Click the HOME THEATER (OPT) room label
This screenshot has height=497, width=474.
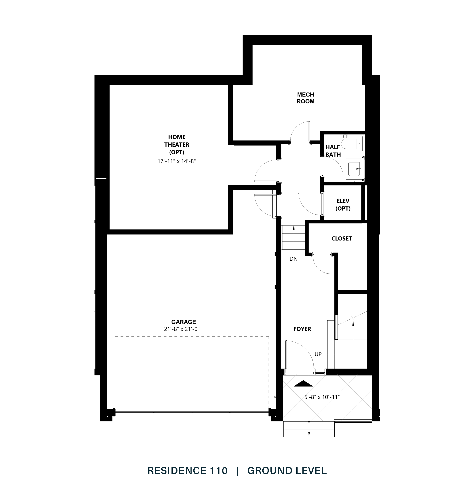click(177, 145)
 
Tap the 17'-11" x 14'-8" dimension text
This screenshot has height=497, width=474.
click(177, 161)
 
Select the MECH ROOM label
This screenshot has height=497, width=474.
click(305, 98)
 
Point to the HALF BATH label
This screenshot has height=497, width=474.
click(333, 151)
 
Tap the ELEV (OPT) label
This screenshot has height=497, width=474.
click(343, 205)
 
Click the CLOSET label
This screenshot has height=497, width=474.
click(342, 239)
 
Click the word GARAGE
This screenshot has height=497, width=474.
click(184, 322)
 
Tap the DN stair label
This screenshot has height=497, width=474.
click(294, 259)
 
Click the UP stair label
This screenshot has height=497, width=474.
click(318, 354)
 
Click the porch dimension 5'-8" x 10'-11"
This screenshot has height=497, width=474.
click(322, 397)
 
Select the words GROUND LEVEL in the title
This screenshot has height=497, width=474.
click(287, 471)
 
